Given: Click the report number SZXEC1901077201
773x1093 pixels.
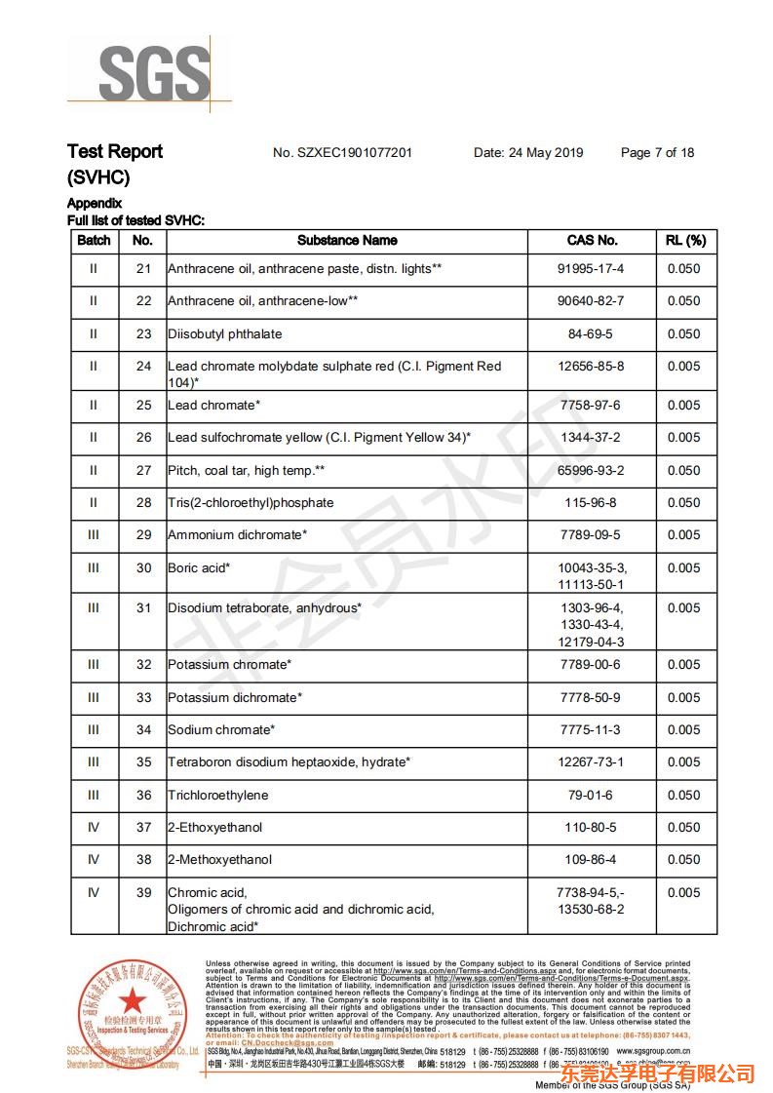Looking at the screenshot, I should [x=342, y=153].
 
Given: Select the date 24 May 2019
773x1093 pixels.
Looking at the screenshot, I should [x=528, y=153].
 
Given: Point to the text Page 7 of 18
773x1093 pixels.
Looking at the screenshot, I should [x=657, y=153].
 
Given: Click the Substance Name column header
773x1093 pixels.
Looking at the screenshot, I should [x=347, y=240].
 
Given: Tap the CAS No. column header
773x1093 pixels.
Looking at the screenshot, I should [x=592, y=240].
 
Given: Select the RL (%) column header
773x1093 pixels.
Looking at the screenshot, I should [x=685, y=240].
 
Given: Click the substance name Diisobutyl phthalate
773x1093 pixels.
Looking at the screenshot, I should [x=225, y=333].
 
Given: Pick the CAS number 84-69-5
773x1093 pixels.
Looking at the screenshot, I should [x=591, y=333].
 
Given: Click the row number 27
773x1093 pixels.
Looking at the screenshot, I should [x=143, y=470].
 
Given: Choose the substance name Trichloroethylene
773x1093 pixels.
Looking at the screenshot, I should [x=217, y=795].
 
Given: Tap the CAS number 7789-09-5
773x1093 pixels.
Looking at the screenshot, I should [x=591, y=534].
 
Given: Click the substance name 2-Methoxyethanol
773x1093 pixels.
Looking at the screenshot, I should [x=219, y=860].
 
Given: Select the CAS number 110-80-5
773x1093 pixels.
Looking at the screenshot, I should [x=591, y=827].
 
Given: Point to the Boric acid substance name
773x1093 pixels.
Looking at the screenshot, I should [x=199, y=567].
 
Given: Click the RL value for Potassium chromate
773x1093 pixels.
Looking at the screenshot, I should [x=684, y=664].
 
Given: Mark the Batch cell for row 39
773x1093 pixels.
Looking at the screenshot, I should [x=94, y=892].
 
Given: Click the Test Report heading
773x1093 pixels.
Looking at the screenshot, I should [x=115, y=151].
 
